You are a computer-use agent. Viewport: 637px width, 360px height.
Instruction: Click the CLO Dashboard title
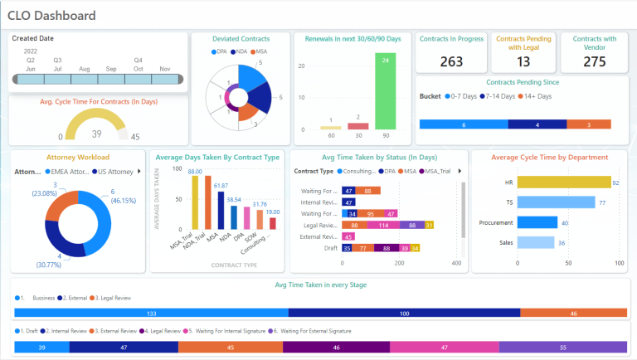click(51, 16)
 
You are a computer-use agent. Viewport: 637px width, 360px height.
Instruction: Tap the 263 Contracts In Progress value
click(451, 61)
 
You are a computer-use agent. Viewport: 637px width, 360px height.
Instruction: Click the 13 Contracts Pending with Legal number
click(523, 61)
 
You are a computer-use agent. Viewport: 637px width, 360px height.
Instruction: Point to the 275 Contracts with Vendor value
click(595, 61)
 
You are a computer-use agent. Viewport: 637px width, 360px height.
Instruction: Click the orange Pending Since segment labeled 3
click(589, 124)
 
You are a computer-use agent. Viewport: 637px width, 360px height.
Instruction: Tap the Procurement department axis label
click(496, 222)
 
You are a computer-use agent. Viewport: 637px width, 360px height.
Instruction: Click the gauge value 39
click(96, 134)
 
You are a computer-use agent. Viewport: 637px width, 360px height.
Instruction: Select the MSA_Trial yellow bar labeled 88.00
click(195, 202)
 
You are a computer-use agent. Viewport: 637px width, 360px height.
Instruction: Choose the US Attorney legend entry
click(113, 172)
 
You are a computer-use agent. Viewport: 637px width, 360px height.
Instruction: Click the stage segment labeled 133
click(151, 313)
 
